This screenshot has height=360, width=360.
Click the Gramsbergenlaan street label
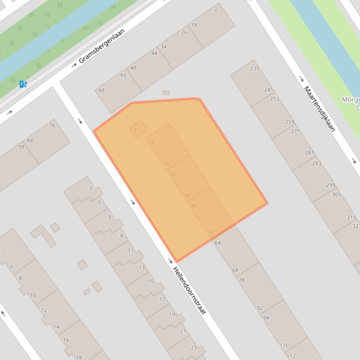102,46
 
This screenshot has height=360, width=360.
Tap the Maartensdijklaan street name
320,108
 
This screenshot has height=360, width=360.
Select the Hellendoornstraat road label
189,290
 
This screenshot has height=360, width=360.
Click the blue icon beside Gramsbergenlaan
23,84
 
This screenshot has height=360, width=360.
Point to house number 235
255,69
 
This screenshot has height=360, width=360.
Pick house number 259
290,122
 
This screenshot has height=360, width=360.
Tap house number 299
331,185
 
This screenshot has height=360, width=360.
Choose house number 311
351,217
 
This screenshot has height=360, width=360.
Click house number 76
52,125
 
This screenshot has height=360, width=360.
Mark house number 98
21,147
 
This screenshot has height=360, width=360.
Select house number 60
123,75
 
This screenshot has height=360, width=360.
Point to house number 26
184,32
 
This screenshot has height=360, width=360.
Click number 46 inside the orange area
194,206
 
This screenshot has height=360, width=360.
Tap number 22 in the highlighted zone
173,173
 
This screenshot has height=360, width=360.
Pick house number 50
211,232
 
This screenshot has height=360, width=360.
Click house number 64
218,243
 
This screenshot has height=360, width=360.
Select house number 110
284,346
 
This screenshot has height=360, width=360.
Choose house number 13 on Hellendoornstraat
141,267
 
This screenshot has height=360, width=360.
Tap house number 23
193,347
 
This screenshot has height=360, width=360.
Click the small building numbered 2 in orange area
135,131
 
